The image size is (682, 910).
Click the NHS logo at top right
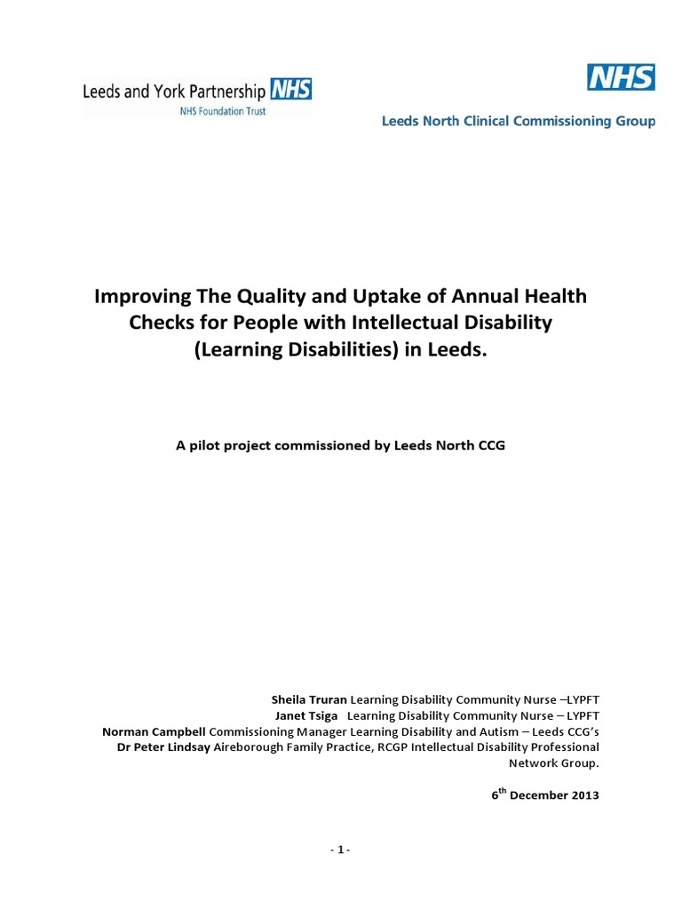point(621,77)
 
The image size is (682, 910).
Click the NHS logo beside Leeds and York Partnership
point(291,90)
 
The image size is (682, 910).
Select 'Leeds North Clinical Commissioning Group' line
point(519,122)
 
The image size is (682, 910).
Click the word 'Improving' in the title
point(139,295)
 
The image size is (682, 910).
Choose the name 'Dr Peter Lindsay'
point(164,747)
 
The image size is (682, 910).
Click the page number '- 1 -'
point(340,850)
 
